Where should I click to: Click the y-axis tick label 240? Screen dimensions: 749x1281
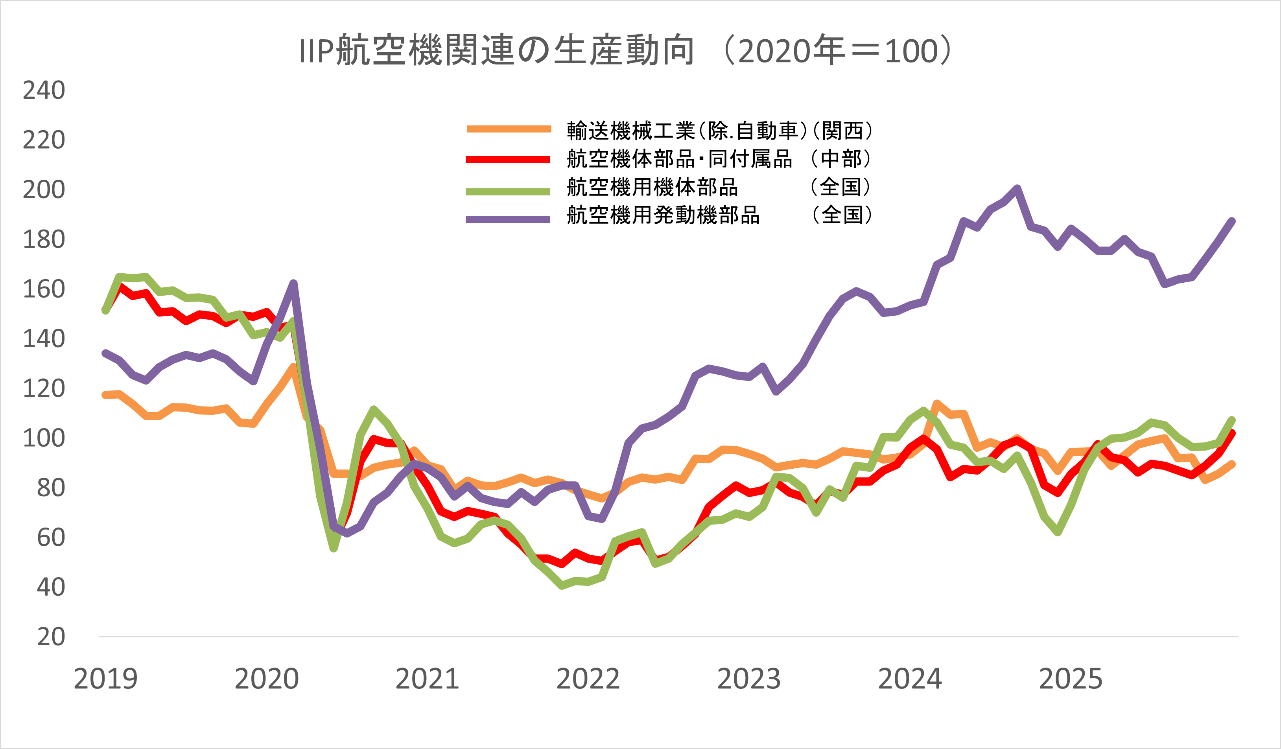click(x=44, y=90)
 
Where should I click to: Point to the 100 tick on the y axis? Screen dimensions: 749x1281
click(x=44, y=438)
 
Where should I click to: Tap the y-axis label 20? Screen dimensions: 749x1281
click(x=51, y=637)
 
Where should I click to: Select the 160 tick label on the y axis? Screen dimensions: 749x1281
click(x=44, y=289)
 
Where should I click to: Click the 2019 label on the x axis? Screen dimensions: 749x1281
click(x=106, y=679)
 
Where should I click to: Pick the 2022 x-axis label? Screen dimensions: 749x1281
click(x=588, y=679)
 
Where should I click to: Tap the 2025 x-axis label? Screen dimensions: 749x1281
click(x=1071, y=679)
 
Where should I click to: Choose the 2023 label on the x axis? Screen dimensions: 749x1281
click(x=749, y=679)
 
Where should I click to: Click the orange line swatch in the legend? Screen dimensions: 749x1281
click(x=508, y=129)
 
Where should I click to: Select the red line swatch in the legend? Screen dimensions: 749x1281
click(x=508, y=160)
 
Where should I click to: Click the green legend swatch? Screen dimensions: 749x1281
click(x=508, y=191)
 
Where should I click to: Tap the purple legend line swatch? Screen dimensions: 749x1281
click(x=508, y=219)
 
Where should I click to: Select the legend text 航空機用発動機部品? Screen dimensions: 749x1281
click(x=664, y=215)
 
